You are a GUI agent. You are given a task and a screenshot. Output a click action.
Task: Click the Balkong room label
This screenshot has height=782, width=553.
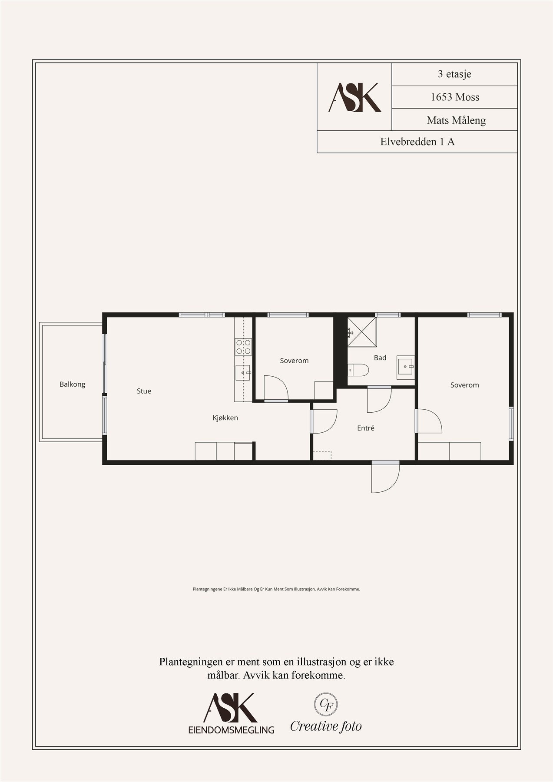[x=72, y=384]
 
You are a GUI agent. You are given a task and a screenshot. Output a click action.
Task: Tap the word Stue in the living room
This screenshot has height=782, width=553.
[x=144, y=391]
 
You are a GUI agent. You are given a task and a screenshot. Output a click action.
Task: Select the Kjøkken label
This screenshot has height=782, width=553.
[x=225, y=418]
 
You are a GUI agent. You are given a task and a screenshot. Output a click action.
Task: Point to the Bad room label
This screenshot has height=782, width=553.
[x=380, y=358]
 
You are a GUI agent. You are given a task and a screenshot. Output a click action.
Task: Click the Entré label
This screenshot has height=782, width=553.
[x=366, y=428]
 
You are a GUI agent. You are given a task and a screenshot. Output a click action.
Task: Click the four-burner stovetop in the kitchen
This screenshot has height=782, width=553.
[x=243, y=347]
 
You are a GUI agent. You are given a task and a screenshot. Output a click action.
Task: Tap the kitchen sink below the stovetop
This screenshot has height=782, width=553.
[x=243, y=373]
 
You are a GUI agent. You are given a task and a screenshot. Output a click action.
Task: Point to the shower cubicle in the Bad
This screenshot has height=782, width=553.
[x=362, y=332]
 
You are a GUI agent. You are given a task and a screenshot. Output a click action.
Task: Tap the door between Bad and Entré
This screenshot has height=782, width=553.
[x=379, y=400]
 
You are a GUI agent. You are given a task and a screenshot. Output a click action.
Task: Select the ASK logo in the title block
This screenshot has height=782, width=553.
[x=354, y=97]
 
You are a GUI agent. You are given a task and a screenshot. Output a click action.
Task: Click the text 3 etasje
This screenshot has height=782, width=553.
[x=454, y=74]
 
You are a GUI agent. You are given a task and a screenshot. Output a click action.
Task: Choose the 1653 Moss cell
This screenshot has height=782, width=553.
[x=454, y=97]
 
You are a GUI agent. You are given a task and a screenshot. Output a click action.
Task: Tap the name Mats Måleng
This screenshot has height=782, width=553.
[x=456, y=120]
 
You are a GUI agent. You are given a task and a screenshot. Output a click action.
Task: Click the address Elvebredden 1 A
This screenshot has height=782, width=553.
[x=417, y=142]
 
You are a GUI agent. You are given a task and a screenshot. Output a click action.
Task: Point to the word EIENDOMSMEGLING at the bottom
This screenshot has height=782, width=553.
[x=231, y=730]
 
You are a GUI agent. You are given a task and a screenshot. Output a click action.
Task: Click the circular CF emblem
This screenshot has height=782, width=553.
[x=326, y=705]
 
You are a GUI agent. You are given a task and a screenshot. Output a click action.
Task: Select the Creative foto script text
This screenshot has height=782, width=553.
[x=326, y=726]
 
